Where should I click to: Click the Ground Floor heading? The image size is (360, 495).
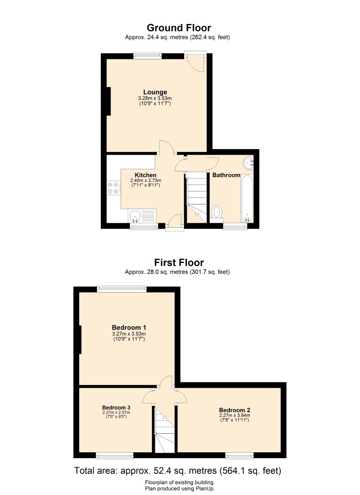click(179, 28)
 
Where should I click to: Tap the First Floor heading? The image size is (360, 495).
click(179, 263)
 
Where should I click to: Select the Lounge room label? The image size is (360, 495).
click(155, 92)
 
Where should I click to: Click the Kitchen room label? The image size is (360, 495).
click(145, 175)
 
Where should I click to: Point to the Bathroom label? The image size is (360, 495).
click(226, 175)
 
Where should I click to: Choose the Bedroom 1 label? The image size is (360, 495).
click(129, 327)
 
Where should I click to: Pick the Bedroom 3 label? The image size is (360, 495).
click(116, 407)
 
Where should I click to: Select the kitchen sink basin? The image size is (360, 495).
click(134, 216)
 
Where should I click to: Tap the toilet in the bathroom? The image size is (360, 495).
click(217, 214)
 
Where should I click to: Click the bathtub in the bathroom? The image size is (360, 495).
click(247, 198)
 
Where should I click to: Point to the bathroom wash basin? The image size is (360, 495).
click(248, 163)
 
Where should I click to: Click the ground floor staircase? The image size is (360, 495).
click(197, 198)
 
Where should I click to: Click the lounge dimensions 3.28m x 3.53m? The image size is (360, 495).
click(155, 98)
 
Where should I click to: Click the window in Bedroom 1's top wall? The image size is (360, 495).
click(122, 289)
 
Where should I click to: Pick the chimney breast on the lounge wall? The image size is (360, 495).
click(108, 101)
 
